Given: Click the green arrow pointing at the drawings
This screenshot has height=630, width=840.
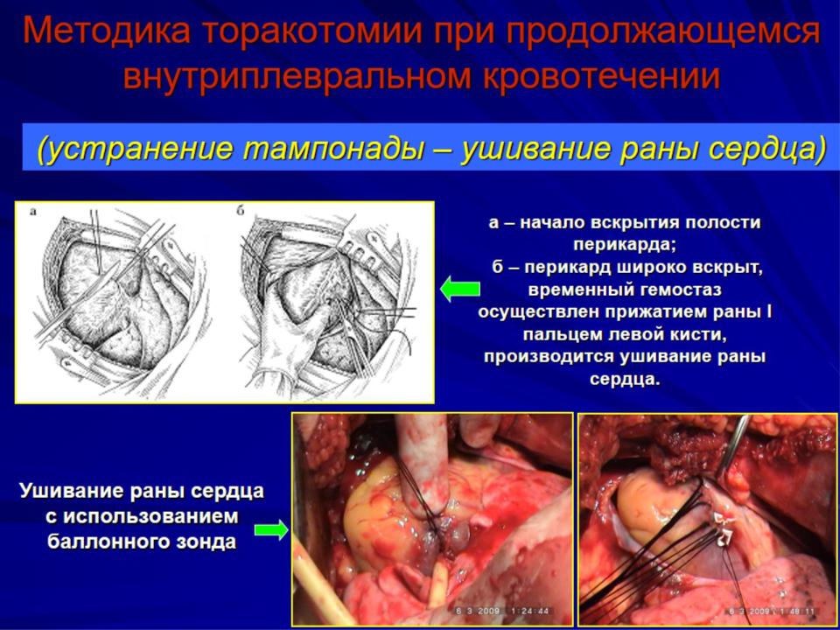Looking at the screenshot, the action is point(459,289).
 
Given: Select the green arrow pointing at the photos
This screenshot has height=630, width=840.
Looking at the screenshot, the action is point(271,529).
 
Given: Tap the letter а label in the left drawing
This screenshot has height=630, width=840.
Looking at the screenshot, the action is point(33,212).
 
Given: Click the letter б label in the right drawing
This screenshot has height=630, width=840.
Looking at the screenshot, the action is point(240,211).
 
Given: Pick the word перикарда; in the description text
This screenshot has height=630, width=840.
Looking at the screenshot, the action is point(625,245).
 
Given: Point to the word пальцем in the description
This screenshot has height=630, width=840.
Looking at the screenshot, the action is point(562,335).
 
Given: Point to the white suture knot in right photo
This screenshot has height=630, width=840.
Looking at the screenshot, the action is point(719,528).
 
